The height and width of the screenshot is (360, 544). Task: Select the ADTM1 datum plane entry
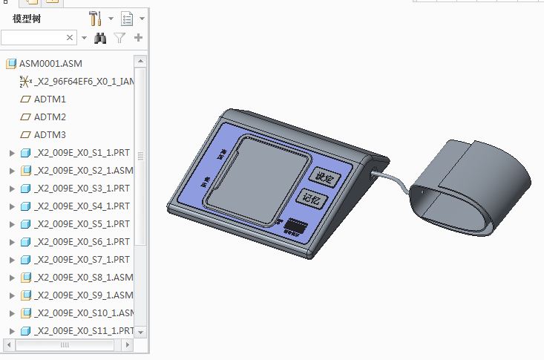tap(50, 99)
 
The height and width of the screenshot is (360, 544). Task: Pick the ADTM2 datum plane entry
tap(50, 117)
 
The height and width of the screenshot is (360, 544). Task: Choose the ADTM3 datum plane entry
tap(50, 134)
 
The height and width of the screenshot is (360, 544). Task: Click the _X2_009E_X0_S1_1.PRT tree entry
tap(82, 153)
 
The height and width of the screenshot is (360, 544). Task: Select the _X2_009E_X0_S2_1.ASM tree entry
tap(83, 171)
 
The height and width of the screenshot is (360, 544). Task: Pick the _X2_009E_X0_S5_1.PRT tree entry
tap(82, 224)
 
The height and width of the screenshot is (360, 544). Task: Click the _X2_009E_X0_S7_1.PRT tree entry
tap(82, 260)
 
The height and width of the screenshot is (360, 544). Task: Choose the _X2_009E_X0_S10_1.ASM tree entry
tap(83, 313)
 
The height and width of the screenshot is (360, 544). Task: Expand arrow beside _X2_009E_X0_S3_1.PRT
tap(11, 189)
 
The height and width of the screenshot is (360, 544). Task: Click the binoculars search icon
tap(101, 37)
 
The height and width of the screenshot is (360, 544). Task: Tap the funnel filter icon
tap(119, 37)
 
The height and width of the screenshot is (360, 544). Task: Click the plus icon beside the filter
tap(138, 37)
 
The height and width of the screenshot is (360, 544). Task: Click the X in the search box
tap(70, 37)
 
